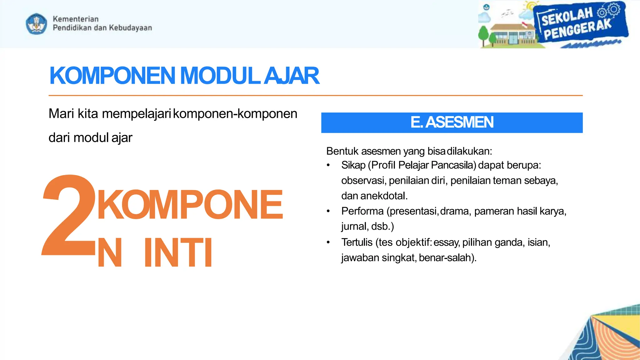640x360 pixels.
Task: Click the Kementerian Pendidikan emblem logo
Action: (37, 24)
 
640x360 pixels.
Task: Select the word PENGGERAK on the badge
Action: (577, 30)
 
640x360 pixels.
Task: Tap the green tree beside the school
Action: (483, 35)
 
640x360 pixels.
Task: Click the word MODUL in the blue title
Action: (220, 76)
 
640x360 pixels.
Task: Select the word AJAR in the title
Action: (291, 76)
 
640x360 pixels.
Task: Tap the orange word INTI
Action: (178, 252)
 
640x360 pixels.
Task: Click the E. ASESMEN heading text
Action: (452, 122)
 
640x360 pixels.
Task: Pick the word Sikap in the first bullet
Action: (353, 165)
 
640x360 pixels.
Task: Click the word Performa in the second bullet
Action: (362, 211)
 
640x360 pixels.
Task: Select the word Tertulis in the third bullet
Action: (357, 242)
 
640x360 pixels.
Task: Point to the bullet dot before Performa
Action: (328, 212)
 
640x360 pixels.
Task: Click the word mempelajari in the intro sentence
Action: (137, 114)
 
